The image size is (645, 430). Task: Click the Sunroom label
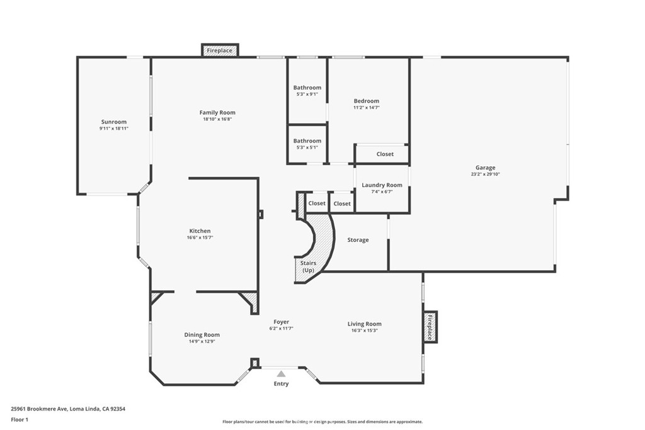(114, 122)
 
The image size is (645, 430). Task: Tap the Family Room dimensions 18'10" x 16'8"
(217, 119)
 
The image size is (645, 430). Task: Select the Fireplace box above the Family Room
(219, 50)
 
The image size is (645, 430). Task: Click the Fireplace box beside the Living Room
(431, 327)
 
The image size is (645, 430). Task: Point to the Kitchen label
(200, 231)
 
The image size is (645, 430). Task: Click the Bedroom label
(366, 101)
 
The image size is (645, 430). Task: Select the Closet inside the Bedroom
(385, 154)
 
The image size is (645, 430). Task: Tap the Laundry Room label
(382, 185)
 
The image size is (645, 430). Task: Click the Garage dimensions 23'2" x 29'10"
(485, 174)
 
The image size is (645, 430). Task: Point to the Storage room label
(358, 240)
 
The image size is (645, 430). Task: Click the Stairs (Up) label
(308, 266)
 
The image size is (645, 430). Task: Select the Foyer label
(281, 322)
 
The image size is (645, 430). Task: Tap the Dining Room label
(202, 335)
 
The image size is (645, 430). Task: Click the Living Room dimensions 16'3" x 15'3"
(364, 331)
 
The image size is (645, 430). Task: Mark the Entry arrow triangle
(281, 374)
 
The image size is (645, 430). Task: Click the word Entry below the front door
(281, 383)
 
